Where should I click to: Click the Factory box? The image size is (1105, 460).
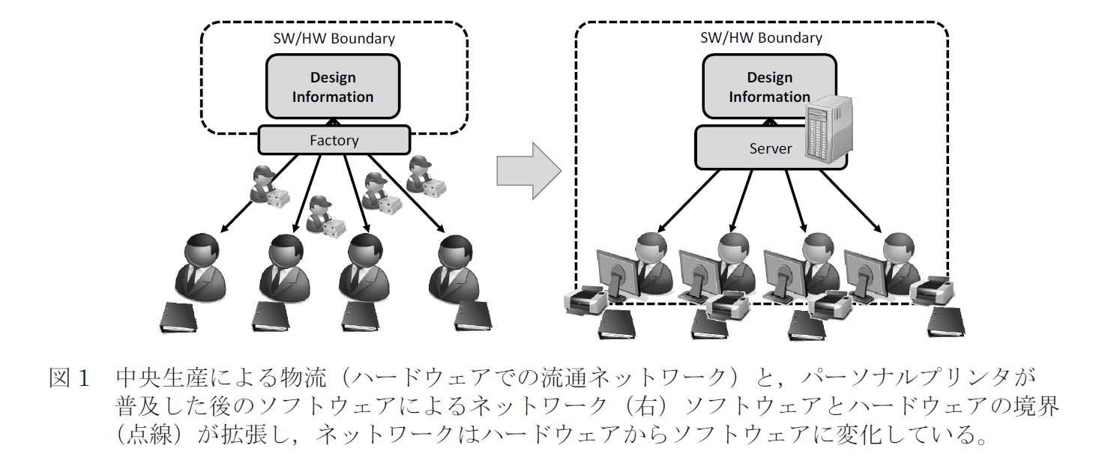334,139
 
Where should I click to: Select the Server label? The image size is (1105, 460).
770,148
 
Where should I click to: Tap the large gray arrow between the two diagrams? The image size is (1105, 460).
529,171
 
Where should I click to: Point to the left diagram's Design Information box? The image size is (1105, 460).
333,87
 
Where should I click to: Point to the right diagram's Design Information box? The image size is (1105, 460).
769,87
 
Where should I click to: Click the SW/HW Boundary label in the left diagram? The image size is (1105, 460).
333,37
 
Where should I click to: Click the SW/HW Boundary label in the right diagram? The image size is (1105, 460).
761,37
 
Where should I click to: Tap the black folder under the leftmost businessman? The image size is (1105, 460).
182,318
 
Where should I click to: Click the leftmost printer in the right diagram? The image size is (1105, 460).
587,300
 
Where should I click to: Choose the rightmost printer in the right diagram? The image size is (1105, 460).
932,289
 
